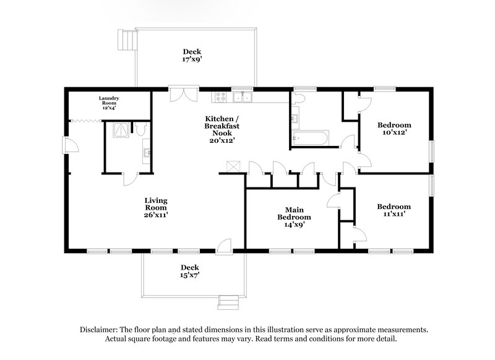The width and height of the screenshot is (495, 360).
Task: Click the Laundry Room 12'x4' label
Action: (109, 102)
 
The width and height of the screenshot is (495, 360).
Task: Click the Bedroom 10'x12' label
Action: (394, 128)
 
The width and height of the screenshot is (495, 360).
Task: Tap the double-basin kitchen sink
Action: (243, 96)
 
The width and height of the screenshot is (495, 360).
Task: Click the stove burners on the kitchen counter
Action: (220, 96)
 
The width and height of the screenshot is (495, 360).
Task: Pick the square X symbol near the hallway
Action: (233, 166)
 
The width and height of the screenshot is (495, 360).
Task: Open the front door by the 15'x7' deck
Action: (225, 246)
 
